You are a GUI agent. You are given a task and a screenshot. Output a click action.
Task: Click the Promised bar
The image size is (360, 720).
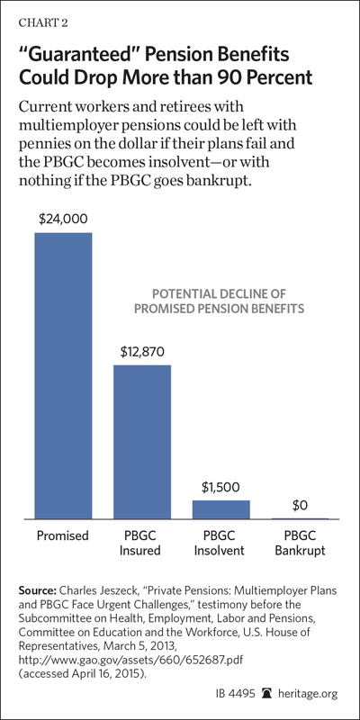tap(63, 375)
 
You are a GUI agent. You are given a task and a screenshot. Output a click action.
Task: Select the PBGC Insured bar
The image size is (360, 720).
tap(142, 442)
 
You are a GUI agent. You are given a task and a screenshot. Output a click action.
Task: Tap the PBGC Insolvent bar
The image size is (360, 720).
tap(220, 509)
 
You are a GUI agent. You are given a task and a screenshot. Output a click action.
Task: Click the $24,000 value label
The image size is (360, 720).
tap(63, 219)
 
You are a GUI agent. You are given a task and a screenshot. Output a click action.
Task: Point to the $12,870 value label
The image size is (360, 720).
tap(142, 352)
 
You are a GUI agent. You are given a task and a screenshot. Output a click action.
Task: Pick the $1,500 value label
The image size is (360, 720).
tap(220, 486)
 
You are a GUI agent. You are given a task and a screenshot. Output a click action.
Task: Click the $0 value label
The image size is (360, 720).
tap(300, 506)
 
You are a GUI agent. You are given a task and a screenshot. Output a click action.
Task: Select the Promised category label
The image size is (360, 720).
tap(62, 535)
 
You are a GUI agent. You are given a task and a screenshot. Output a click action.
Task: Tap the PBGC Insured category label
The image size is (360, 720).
tap(140, 544)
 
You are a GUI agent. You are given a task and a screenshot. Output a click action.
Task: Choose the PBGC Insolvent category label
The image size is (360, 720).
tap(219, 544)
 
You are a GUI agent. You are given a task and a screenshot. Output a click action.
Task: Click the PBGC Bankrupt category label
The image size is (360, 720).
tap(300, 544)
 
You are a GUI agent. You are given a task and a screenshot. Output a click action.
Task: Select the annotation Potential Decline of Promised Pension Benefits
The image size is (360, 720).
tap(219, 301)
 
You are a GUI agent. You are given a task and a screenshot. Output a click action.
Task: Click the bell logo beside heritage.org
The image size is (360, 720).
tap(267, 693)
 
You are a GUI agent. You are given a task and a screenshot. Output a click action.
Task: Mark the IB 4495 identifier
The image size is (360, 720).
tap(235, 694)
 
